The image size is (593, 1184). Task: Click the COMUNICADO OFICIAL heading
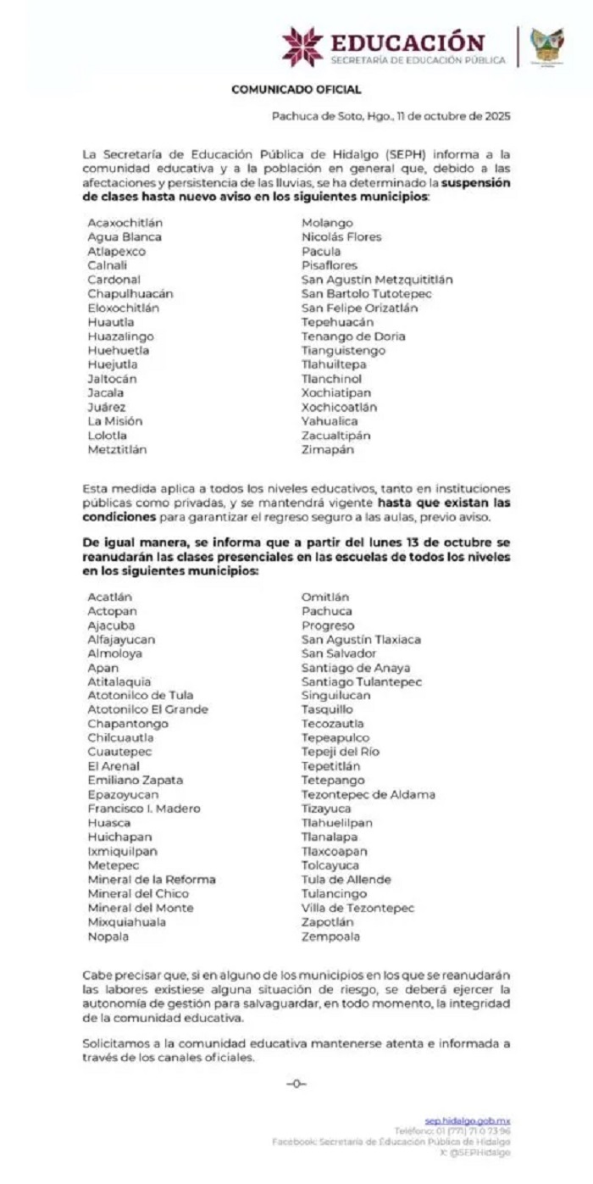point(296,89)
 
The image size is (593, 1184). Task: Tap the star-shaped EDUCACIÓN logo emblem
point(302,47)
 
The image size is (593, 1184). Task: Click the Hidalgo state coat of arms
point(546,45)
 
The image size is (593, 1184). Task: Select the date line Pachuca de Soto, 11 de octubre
point(391,116)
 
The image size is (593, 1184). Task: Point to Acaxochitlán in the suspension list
point(125,223)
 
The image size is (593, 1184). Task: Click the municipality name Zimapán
point(328,450)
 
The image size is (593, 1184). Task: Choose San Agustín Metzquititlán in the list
point(377,280)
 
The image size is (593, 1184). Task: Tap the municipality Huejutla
point(113,364)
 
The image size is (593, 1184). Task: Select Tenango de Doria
point(353,336)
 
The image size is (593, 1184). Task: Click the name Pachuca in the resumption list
point(327,611)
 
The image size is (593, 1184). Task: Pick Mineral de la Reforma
point(152,880)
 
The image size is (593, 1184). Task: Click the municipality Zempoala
point(330,937)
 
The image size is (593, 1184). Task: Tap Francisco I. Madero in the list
point(144,809)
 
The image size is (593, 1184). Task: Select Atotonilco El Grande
point(147,709)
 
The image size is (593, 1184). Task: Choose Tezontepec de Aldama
point(369,795)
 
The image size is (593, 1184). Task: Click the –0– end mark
point(296,1083)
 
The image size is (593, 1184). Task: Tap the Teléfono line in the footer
point(452,1131)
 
